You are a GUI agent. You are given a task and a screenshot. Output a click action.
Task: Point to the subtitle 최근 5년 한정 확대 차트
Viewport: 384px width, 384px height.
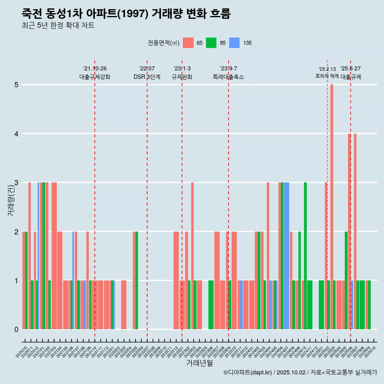tap(58, 26)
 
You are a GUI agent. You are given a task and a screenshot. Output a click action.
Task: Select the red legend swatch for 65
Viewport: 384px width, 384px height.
tap(188, 43)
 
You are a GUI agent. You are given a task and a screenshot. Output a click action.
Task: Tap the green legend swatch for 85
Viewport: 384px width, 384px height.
tap(211, 43)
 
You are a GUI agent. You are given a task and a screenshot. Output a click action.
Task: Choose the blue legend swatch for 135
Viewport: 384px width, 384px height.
tap(234, 43)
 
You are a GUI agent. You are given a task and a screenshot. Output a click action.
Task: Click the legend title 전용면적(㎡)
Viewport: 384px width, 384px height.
tap(163, 43)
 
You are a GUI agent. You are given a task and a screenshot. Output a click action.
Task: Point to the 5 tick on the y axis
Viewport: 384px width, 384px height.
tap(16, 85)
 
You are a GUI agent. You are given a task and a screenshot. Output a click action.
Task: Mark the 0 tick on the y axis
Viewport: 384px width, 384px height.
tap(16, 329)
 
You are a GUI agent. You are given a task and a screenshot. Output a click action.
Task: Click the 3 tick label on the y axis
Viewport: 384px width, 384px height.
tap(16, 183)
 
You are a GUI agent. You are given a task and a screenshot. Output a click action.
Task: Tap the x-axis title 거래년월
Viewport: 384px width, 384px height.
tap(199, 363)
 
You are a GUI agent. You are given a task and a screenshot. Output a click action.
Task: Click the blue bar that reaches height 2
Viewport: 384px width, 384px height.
tap(73, 280)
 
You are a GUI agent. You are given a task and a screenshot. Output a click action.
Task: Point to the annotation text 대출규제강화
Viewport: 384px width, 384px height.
tap(95, 77)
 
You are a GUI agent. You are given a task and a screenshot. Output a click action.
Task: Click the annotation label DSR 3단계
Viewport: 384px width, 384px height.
tap(147, 77)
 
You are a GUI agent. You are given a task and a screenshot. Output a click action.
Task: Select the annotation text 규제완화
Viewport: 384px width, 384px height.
tap(182, 77)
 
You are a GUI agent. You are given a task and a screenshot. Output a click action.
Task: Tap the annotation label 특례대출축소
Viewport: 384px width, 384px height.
tap(228, 77)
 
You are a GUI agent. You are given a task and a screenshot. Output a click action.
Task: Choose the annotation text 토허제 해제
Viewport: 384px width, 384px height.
tap(327, 76)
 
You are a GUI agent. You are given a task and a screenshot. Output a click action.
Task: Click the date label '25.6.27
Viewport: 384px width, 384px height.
tap(350, 69)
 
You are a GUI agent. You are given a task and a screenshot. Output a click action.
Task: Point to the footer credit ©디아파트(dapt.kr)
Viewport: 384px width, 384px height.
tap(248, 372)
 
